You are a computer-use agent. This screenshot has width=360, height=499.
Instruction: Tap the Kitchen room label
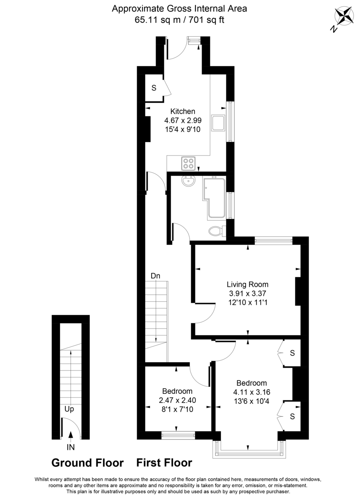pos(182,111)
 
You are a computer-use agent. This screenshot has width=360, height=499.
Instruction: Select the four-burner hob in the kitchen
pos(189,163)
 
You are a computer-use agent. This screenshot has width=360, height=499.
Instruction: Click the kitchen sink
pos(218,123)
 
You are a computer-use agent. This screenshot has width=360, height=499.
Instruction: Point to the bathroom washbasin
pos(189,181)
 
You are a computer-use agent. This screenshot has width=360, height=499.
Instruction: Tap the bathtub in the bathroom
pos(214,198)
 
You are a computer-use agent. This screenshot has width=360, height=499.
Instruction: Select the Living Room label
pos(247,284)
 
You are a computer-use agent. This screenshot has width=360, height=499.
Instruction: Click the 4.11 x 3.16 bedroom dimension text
pos(252,392)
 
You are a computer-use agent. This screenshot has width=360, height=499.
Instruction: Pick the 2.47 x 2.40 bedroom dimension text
pos(177,400)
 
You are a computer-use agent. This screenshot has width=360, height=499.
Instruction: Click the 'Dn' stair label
pos(155,276)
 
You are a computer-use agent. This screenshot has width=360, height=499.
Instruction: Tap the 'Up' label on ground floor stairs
pos(69,410)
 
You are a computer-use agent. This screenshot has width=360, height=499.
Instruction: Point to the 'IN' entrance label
pos(71,447)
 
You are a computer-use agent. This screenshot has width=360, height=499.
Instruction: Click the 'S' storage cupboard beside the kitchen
pos(154,88)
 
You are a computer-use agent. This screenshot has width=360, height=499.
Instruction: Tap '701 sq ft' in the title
pos(206,20)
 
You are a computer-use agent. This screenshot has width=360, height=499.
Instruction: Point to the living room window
pos(274,240)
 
